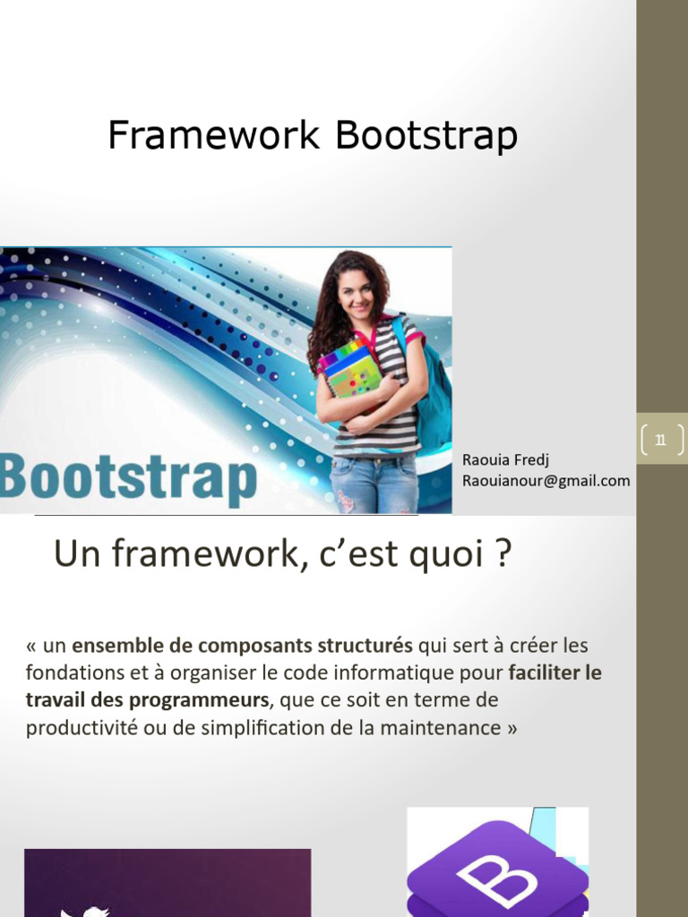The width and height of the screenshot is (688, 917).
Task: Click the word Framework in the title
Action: [x=213, y=136]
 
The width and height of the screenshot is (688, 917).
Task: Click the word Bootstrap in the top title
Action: [x=426, y=136]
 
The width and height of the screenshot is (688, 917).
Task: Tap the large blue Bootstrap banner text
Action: [x=129, y=479]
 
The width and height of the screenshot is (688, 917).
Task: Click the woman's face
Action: [x=356, y=294]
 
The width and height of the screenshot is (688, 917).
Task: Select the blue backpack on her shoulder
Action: [x=434, y=394]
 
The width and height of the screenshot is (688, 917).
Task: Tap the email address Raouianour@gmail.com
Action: [x=546, y=481]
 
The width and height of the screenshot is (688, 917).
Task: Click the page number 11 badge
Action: [x=661, y=439]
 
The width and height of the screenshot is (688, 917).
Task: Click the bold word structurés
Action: [x=368, y=646]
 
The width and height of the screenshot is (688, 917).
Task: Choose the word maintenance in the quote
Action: [x=440, y=727]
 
